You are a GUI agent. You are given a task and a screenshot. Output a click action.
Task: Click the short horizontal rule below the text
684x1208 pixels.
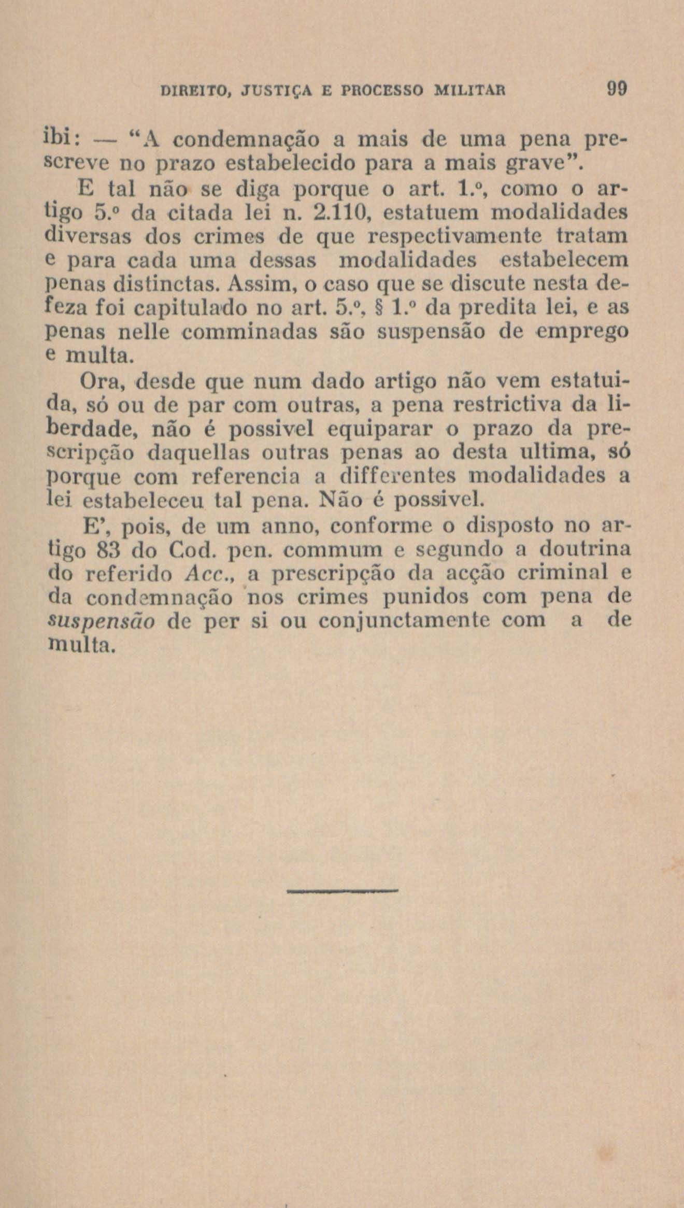[x=342, y=891]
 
